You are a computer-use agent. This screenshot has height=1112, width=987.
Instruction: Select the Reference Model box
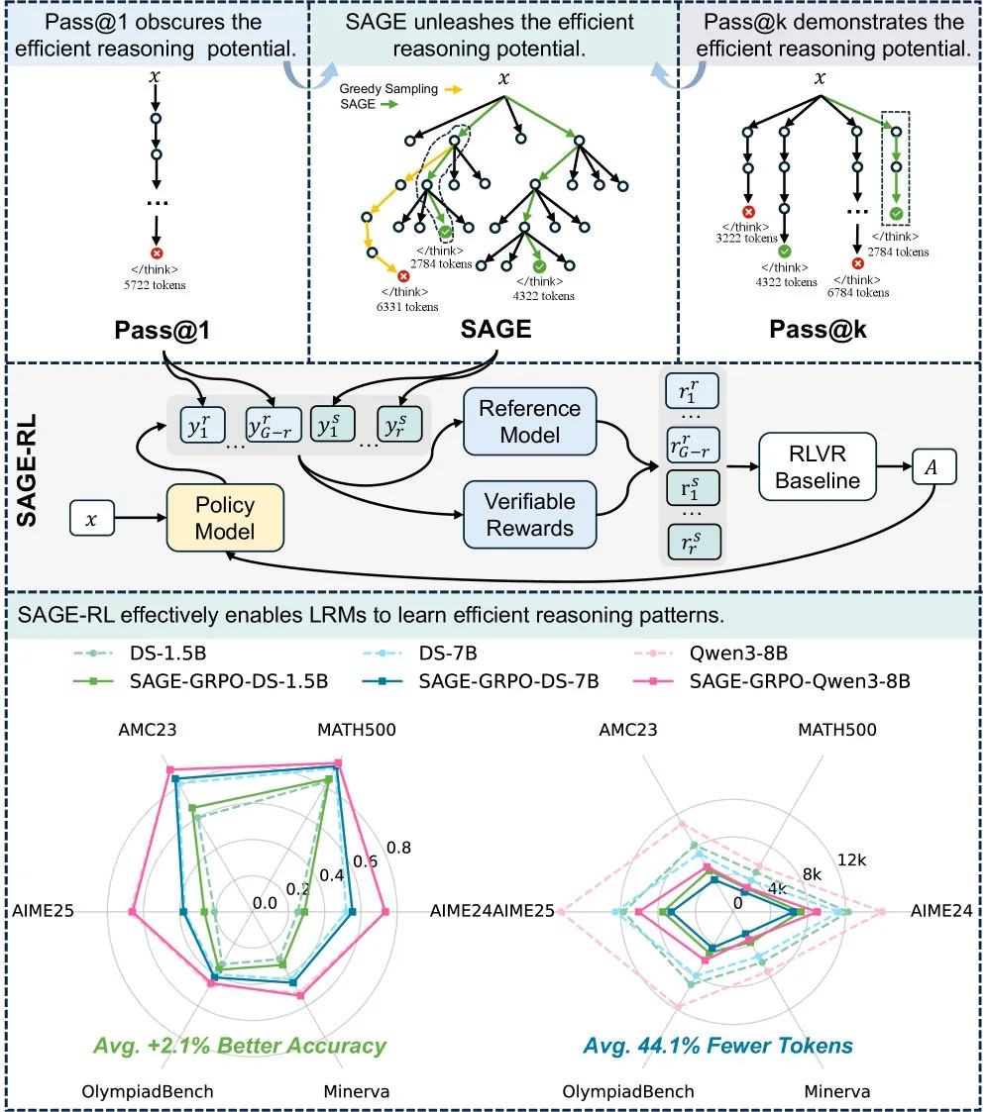pyautogui.click(x=529, y=421)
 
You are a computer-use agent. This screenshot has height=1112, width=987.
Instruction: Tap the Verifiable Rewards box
pyautogui.click(x=529, y=515)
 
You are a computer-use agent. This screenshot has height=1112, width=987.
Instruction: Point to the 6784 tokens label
pyautogui.click(x=857, y=292)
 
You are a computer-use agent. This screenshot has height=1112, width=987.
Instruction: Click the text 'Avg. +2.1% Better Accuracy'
pyautogui.click(x=239, y=1046)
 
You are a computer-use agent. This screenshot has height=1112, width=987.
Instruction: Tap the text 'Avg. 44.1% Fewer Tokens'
pyautogui.click(x=717, y=1046)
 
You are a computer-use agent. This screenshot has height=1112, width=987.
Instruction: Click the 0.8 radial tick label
pyautogui.click(x=399, y=847)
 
